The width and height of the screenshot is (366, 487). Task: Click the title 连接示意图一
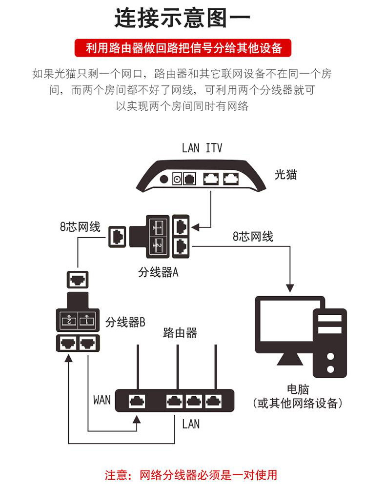183,19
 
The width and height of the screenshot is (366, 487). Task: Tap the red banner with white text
183,48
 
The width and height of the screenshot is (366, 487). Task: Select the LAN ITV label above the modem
202,148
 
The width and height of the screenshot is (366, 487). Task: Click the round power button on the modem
164,180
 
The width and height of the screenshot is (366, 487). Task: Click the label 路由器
180,333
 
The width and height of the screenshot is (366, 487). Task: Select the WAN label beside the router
102,400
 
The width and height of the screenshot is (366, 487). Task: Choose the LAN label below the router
191,424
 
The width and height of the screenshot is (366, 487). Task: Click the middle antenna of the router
178,366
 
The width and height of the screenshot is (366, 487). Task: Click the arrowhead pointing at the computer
291,289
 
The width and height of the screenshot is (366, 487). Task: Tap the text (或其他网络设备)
298,403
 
